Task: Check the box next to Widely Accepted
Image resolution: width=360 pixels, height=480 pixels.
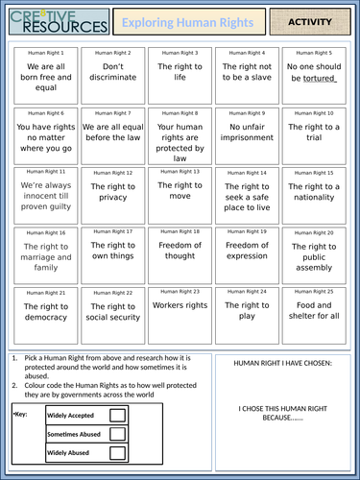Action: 117,416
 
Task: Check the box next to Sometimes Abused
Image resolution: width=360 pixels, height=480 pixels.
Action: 117,434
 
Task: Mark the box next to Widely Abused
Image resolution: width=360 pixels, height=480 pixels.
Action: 117,452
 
